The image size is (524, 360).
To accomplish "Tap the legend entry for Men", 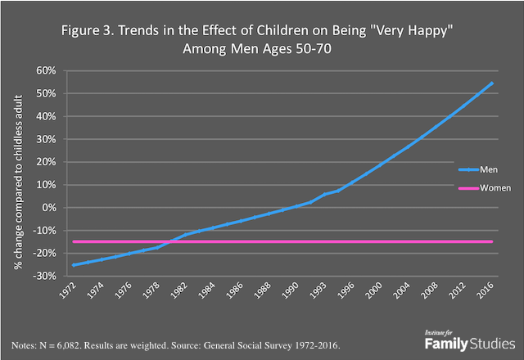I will pyautogui.click(x=477, y=172).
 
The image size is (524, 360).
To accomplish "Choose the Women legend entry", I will pyautogui.click(x=482, y=188).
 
